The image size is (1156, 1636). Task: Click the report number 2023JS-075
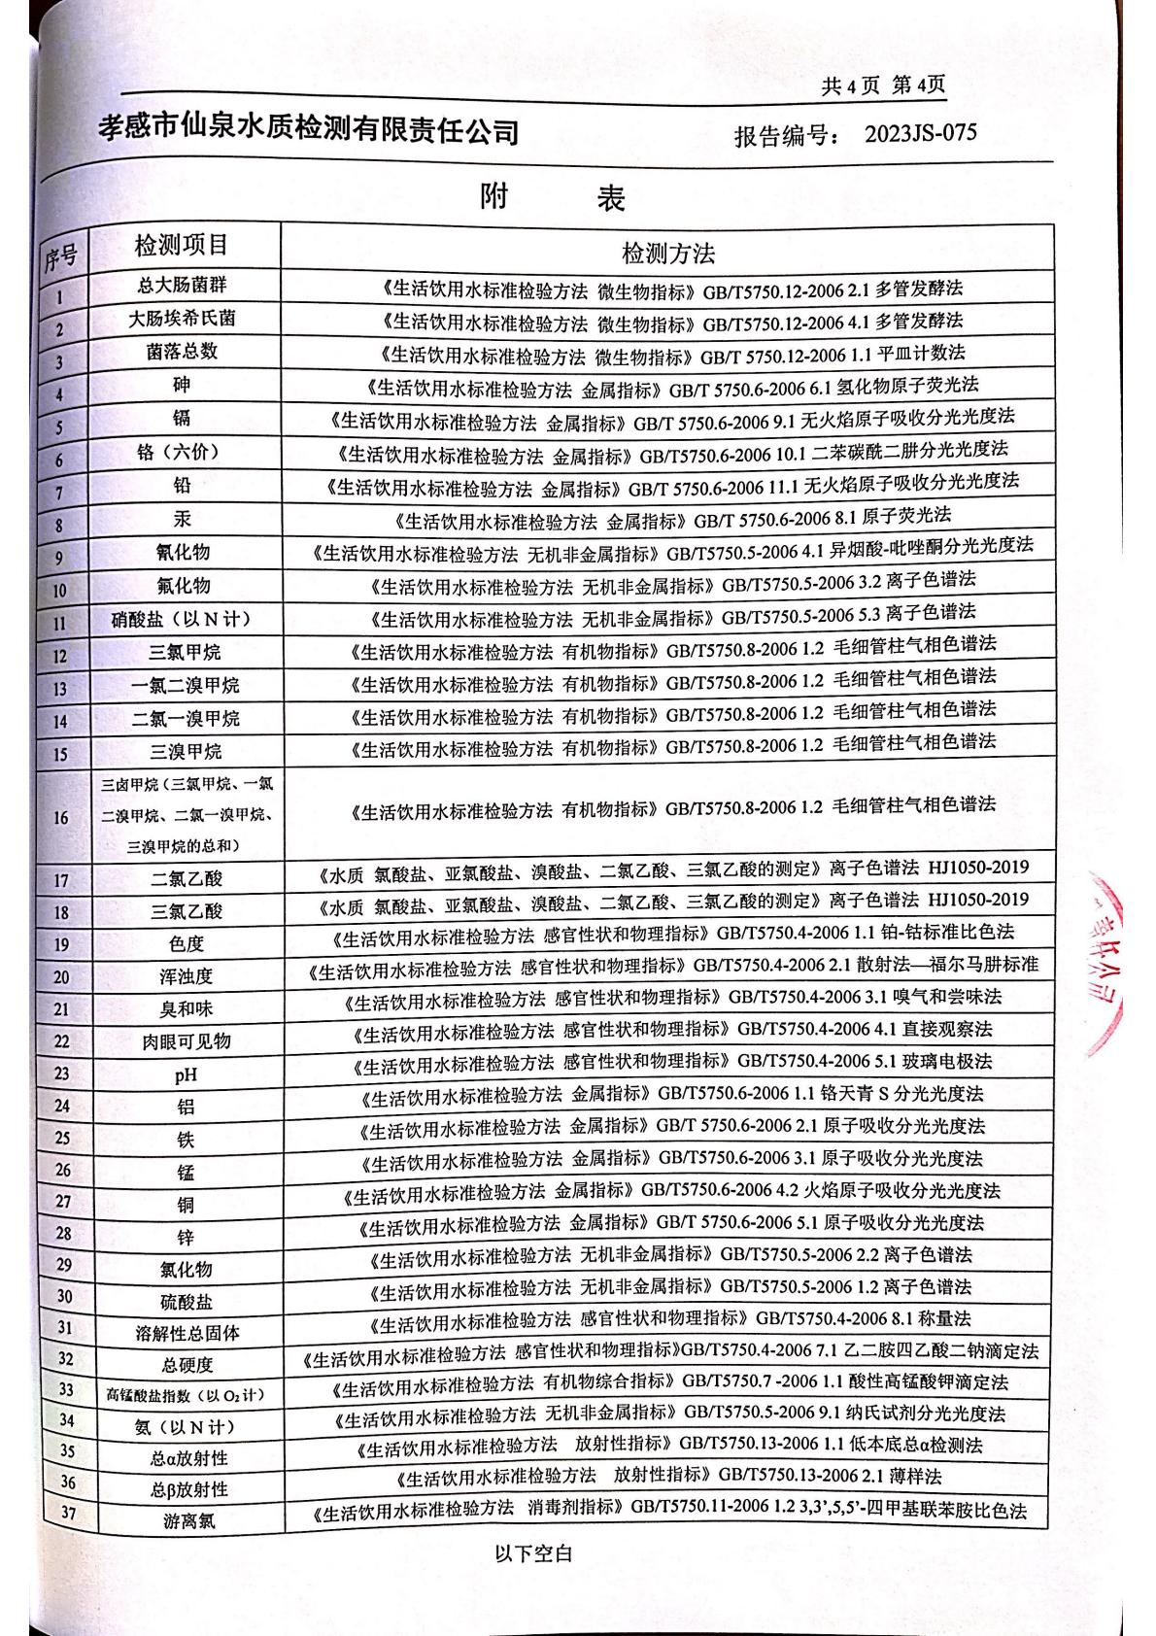[920, 133]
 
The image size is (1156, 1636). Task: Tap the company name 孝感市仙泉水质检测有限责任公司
[309, 130]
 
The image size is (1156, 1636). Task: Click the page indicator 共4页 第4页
[883, 85]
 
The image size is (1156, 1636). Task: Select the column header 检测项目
[182, 246]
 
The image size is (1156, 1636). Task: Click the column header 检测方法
[667, 254]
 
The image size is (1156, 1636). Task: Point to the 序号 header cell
[60, 256]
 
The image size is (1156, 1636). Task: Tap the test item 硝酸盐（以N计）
[182, 620]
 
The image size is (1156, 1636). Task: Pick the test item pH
[185, 1074]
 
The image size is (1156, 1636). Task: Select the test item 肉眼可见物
[185, 1041]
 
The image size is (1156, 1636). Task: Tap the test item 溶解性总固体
[187, 1334]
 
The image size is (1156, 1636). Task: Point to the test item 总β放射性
[188, 1489]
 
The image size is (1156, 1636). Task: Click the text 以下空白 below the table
[533, 1553]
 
